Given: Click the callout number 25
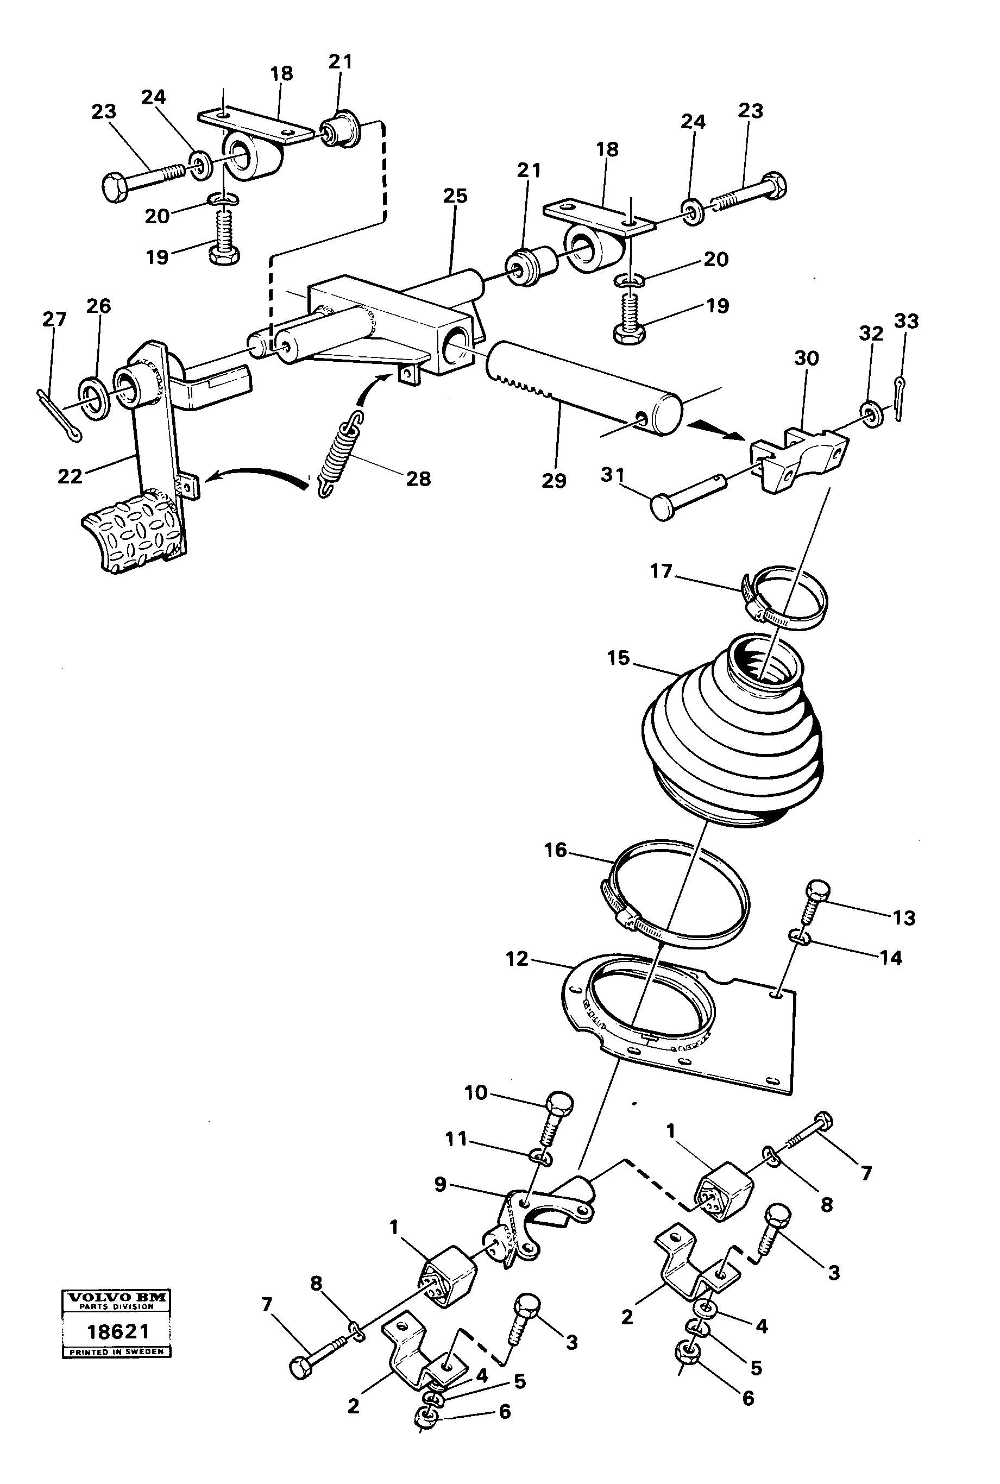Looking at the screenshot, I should point(455,196).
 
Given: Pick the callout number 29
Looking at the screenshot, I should point(554,480).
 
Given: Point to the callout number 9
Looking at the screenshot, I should point(440,1184).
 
